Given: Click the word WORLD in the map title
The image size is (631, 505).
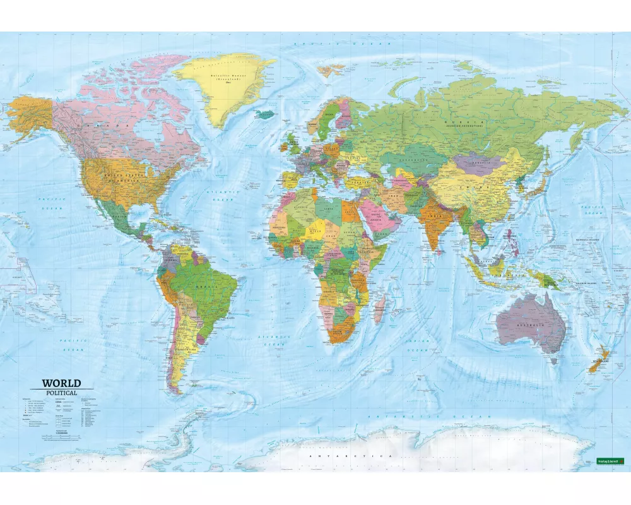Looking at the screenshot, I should point(61,383).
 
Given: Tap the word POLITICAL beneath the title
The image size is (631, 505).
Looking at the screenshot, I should point(61,393).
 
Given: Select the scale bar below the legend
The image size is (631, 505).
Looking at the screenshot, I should point(60,437).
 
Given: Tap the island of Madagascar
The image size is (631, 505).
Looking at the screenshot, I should point(380,310).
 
